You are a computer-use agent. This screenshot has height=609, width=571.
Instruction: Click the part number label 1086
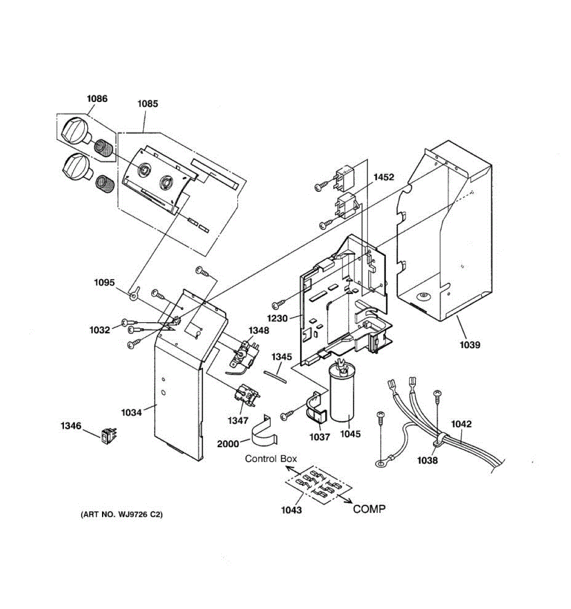pyautogui.click(x=96, y=98)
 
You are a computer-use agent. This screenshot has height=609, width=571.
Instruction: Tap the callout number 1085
pyautogui.click(x=148, y=104)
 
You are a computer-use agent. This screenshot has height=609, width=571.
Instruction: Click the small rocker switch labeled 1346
pyautogui.click(x=107, y=436)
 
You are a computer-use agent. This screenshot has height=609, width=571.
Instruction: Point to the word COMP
pyautogui.click(x=369, y=509)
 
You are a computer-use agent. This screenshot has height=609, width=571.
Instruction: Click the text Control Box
pyautogui.click(x=271, y=459)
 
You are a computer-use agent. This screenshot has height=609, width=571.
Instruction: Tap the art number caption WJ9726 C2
pyautogui.click(x=122, y=515)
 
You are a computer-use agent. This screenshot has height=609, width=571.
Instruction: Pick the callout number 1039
pyautogui.click(x=469, y=345)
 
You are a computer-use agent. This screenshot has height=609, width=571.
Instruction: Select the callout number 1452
pyautogui.click(x=384, y=177)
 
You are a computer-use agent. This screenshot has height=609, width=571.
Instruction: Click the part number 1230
pyautogui.click(x=278, y=319)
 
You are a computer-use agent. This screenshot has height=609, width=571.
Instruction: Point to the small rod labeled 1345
pyautogui.click(x=275, y=375)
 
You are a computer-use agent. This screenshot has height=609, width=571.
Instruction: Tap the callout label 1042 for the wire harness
pyautogui.click(x=461, y=424)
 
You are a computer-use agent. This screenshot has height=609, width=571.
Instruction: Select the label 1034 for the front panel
pyautogui.click(x=131, y=413)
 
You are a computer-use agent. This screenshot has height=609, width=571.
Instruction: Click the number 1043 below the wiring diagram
pyautogui.click(x=291, y=510)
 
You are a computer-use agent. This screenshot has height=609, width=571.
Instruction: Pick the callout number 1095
pyautogui.click(x=105, y=283)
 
